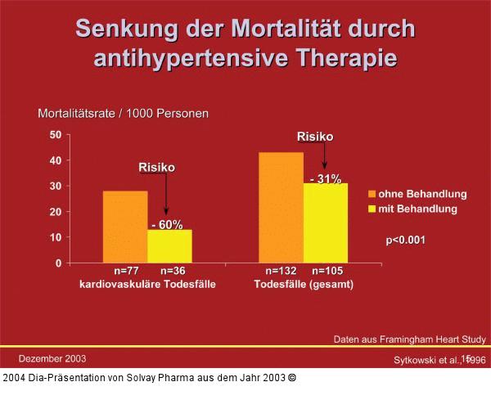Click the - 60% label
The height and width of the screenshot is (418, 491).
(167, 224)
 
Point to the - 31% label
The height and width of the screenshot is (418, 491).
(325, 178)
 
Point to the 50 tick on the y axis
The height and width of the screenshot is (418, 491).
(56, 134)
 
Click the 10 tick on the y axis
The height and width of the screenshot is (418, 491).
(56, 237)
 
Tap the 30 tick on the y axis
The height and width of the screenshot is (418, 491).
(56, 186)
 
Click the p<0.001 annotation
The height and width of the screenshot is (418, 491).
(406, 240)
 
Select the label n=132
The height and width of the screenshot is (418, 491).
(282, 271)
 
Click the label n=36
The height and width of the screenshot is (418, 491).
(173, 271)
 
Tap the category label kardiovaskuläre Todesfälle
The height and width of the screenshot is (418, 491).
(146, 284)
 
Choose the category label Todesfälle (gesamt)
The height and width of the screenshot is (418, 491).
(304, 284)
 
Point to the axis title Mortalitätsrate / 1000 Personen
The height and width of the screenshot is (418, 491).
(123, 113)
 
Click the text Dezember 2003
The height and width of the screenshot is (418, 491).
(52, 358)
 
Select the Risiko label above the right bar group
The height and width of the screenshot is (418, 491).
(314, 137)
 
